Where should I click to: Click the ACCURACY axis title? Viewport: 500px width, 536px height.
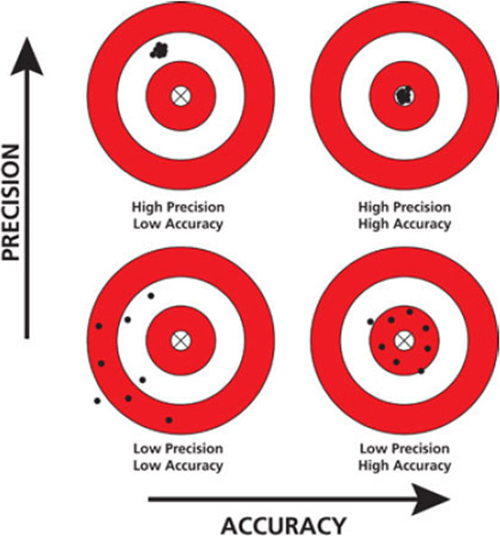point(283,525)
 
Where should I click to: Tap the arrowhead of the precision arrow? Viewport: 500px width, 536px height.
point(27,56)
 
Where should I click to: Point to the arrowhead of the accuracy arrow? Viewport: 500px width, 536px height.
point(431,499)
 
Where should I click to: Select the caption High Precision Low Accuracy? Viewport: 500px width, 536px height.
point(178,216)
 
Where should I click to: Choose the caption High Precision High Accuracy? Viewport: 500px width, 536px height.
point(404,216)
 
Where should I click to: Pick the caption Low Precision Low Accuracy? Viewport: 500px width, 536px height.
point(178,457)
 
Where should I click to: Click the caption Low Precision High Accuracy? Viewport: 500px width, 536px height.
point(404,457)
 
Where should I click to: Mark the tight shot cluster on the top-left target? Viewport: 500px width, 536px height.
point(159,51)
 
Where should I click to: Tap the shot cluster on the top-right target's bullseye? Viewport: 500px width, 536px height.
point(404,95)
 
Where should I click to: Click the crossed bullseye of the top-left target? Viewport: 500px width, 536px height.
point(181,96)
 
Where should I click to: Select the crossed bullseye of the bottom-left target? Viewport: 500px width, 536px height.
point(181,340)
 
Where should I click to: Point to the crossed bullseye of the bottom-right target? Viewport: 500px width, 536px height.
point(404,340)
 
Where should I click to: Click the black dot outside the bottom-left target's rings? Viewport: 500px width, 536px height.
point(97,401)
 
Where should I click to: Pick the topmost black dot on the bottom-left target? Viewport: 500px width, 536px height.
point(151,296)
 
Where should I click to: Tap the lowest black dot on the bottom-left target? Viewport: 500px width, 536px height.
point(169,420)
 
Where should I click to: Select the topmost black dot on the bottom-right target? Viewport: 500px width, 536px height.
point(410,311)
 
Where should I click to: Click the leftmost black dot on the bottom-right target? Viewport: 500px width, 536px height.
point(370,321)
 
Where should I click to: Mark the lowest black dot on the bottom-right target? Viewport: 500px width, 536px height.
point(421,371)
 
